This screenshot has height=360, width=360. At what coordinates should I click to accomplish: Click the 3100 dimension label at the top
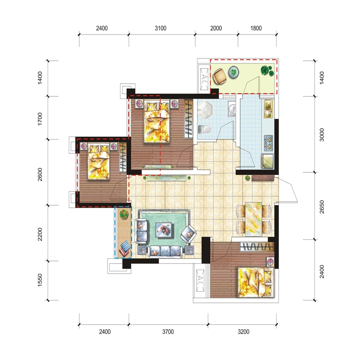pyautogui.click(x=161, y=28)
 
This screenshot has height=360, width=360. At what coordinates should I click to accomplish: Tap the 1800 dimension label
pyautogui.click(x=256, y=28)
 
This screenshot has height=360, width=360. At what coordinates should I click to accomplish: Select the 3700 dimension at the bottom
pyautogui.click(x=168, y=332)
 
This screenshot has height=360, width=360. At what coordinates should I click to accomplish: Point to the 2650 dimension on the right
pyautogui.click(x=322, y=207)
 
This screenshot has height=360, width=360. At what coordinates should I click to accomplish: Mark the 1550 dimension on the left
pyautogui.click(x=40, y=280)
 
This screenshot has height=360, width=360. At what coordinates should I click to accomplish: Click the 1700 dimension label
pyautogui.click(x=40, y=119)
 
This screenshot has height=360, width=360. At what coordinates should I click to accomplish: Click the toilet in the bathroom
pyautogui.click(x=204, y=130)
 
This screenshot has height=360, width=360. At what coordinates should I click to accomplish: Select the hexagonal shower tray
pyautogui.click(x=205, y=110)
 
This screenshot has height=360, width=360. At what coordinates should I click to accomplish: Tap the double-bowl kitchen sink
pyautogui.click(x=268, y=109)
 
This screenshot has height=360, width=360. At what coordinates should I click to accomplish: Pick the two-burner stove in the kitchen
pyautogui.click(x=268, y=143)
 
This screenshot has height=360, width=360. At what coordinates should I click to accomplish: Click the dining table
pyautogui.click(x=253, y=219)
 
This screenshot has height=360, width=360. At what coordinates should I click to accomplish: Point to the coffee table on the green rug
pyautogui.click(x=164, y=229)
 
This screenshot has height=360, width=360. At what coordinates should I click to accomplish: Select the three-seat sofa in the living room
pyautogui.click(x=166, y=251)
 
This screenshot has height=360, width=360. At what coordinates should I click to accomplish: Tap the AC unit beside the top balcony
pyautogui.click(x=204, y=79)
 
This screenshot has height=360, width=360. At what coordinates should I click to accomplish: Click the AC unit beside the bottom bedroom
pyautogui.click(x=200, y=280)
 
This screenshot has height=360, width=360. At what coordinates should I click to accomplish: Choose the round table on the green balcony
pyautogui.click(x=234, y=72)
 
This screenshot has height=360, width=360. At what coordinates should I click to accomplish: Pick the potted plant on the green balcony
pyautogui.click(x=267, y=71)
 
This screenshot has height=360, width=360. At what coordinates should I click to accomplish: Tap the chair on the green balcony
pyautogui.click(x=220, y=76)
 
